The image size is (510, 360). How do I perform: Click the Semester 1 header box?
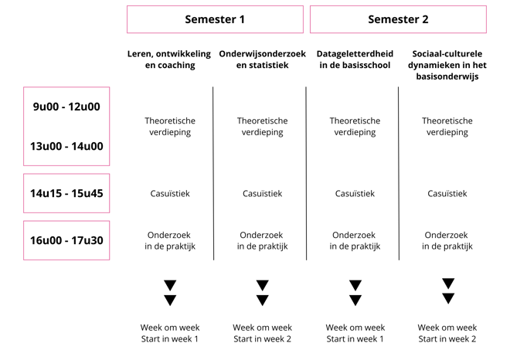coord(215,19)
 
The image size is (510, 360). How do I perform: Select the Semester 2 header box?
coord(398,19)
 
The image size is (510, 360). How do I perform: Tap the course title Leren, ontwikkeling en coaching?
coord(169,59)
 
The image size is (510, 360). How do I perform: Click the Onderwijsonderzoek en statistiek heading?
coord(262,59)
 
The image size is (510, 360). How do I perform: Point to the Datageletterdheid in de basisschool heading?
coord(355,59)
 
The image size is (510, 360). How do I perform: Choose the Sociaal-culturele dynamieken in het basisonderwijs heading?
coord(447,65)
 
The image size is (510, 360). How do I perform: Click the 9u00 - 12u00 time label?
coord(66,107)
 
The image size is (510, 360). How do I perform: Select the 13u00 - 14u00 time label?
coord(66,146)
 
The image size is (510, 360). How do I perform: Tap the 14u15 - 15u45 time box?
coord(66,193)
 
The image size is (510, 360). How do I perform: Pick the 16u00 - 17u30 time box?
coord(66,240)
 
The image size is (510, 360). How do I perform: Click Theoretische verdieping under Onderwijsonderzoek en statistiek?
coord(262,126)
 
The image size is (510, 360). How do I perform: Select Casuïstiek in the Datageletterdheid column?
coord(355,193)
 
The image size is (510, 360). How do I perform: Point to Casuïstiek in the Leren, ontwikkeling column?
coord(169,193)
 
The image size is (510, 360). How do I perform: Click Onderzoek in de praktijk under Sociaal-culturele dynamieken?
coord(447,240)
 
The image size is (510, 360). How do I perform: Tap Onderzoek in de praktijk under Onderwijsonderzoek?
coord(262,240)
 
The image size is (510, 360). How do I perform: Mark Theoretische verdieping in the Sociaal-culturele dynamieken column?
coord(447,126)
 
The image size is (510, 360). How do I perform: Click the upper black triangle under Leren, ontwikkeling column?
coord(170,285)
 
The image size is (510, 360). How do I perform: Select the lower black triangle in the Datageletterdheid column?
coord(355,301)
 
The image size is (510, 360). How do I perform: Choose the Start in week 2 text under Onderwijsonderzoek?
coord(262,339)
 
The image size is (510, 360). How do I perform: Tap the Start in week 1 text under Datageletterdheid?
coord(355,339)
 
